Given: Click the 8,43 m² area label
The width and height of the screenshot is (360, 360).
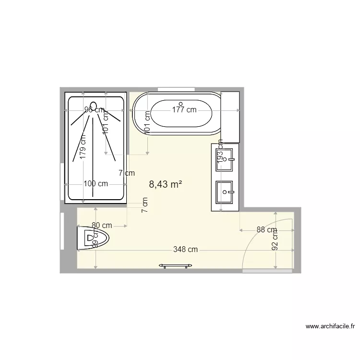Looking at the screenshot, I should pyautogui.click(x=165, y=184).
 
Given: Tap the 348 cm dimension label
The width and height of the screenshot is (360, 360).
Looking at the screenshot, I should pyautogui.click(x=186, y=250).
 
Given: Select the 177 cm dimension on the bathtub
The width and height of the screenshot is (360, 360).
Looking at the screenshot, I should pyautogui.click(x=184, y=110).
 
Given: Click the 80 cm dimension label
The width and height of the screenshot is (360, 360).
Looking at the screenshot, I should pyautogui.click(x=102, y=225).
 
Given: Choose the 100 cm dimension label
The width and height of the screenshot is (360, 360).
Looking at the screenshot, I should pyautogui.click(x=96, y=183).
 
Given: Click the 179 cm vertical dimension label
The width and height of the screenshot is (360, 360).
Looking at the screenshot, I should pyautogui.click(x=83, y=146).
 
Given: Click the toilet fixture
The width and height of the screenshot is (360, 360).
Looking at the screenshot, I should pyautogui.click(x=93, y=238).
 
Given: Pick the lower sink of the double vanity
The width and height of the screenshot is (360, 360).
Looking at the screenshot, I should pyautogui.click(x=225, y=193).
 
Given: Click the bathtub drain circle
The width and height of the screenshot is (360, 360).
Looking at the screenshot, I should pyautogui.click(x=180, y=103).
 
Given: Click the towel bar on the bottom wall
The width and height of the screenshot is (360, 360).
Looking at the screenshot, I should pyautogui.click(x=177, y=265).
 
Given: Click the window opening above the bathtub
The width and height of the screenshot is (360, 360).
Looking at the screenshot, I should pyautogui.click(x=176, y=89).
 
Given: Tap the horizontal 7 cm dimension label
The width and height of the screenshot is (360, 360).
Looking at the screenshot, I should pyautogui.click(x=126, y=173).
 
